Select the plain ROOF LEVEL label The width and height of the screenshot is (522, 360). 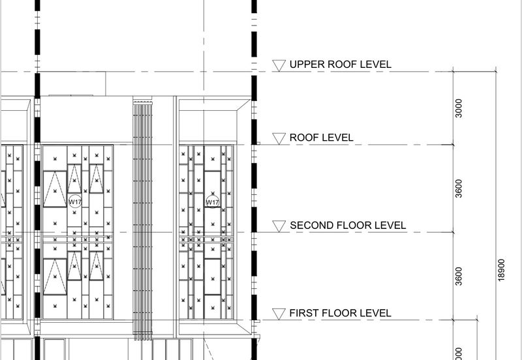[321, 138]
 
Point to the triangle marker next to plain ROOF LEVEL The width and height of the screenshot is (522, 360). [279, 139]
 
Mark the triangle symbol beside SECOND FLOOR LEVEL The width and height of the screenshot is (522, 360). [279, 226]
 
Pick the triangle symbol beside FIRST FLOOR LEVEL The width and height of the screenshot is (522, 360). [279, 314]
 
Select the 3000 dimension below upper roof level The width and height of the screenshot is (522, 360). [459, 108]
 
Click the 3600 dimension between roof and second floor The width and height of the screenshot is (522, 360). [459, 188]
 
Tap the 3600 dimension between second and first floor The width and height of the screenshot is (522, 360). [459, 276]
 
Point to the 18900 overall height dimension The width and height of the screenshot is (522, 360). [502, 270]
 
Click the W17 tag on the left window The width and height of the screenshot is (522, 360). [75, 202]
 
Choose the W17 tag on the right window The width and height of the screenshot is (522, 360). [213, 202]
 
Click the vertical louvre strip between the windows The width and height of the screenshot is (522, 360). [142, 219]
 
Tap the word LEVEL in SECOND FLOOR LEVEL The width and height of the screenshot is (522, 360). [390, 225]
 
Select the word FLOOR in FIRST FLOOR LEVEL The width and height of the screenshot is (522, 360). [338, 313]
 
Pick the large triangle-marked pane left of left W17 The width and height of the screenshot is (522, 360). [55, 189]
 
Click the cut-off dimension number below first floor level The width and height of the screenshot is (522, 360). [459, 354]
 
